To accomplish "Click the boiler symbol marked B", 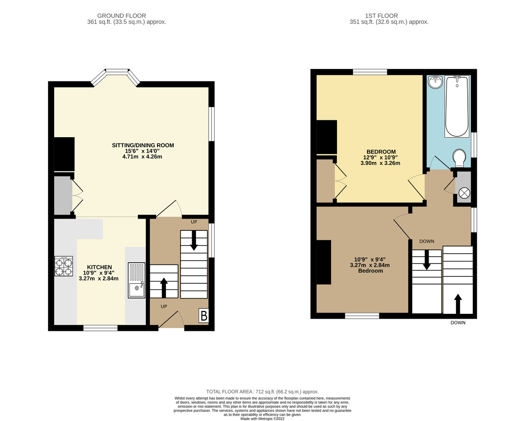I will [203, 316].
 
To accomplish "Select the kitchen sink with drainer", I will [136, 280].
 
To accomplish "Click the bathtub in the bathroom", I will [457, 106].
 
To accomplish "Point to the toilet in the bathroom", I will [459, 158].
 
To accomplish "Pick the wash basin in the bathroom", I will [434, 82].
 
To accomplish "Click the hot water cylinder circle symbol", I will [464, 192].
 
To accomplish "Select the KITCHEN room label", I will [99, 267].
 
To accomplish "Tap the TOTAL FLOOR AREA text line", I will [262, 392].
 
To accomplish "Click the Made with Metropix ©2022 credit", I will [262, 418].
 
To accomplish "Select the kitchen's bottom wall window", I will [100, 327].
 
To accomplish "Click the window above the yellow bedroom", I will [370, 72].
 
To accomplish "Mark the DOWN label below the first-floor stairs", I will [458, 323].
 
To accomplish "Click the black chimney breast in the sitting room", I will [64, 154].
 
